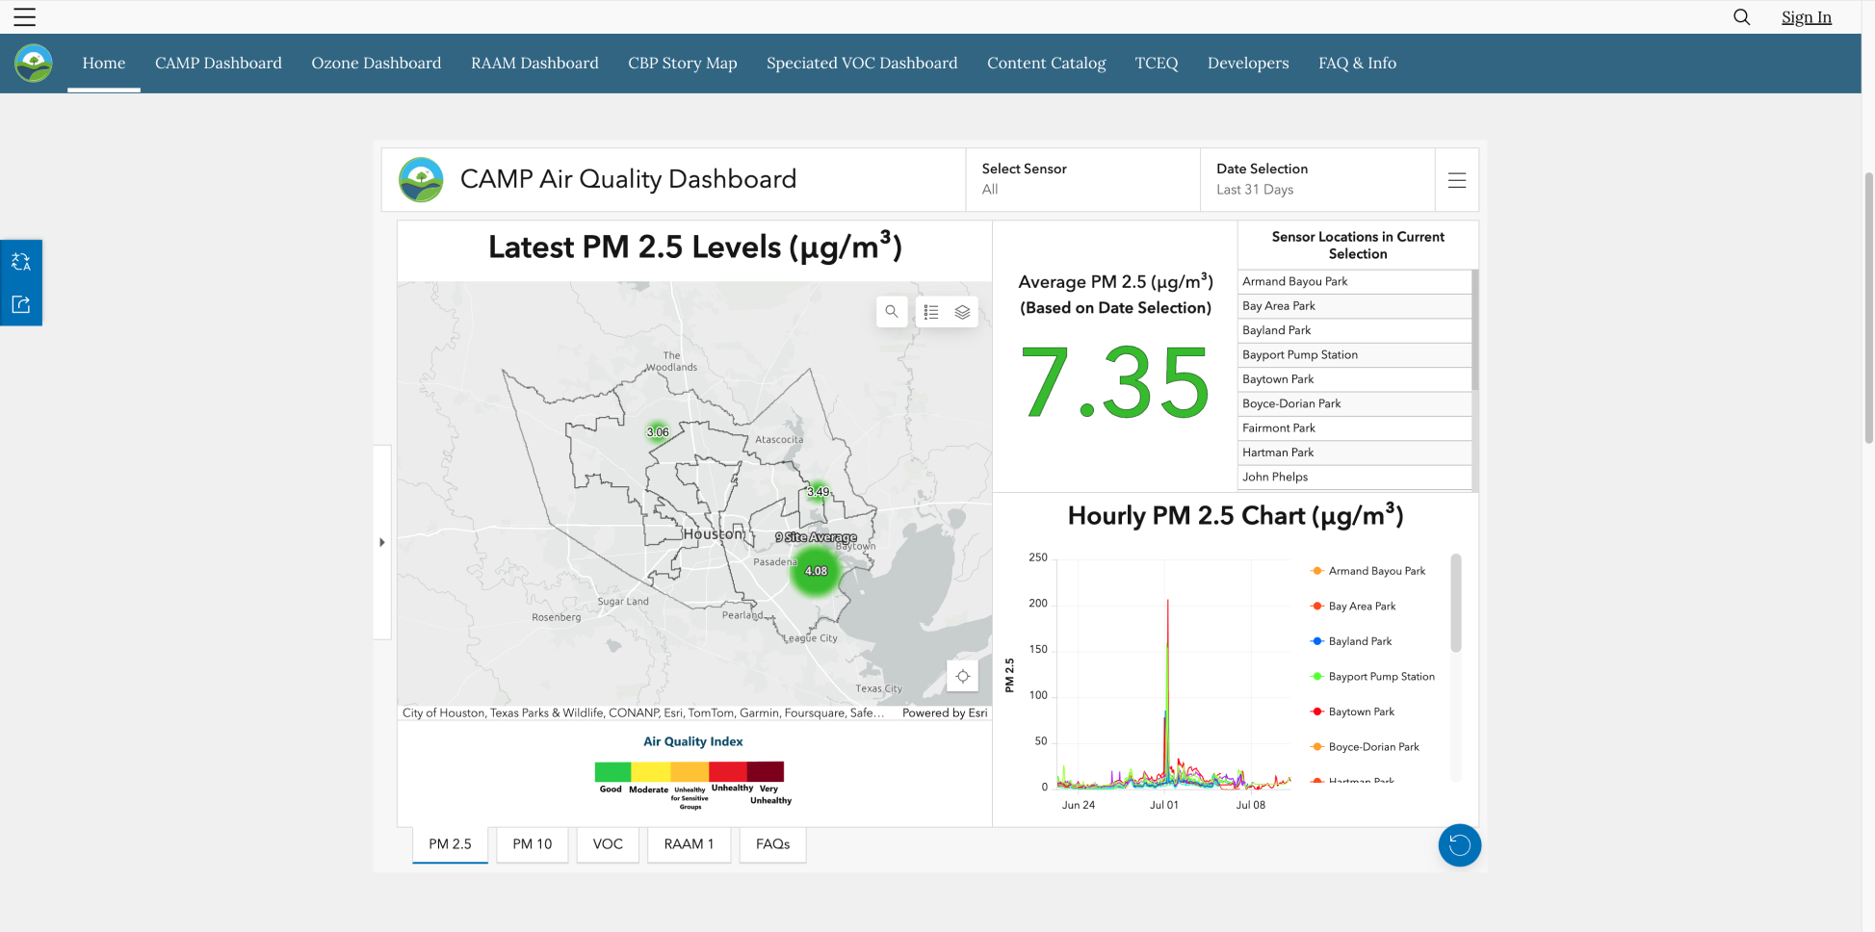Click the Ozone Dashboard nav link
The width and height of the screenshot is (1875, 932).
coord(376,64)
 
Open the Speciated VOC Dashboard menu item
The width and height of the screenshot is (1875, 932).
coord(861,64)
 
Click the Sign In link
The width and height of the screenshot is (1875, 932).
coord(1806,17)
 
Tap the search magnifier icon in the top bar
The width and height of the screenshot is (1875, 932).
coord(1741,17)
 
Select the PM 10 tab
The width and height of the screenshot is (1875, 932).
coord(532,844)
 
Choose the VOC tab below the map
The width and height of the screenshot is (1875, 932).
coord(608,844)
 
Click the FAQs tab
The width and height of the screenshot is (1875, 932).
coord(772,844)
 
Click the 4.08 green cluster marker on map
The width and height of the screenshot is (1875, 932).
coord(816,571)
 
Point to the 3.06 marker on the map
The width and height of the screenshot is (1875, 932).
coord(658,432)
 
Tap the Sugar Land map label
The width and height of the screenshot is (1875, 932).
coord(623,602)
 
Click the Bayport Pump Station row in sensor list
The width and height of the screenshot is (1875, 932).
coord(1300,355)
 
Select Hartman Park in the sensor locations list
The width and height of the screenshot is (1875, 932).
coord(1278,453)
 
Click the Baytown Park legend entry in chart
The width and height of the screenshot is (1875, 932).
coord(1361,712)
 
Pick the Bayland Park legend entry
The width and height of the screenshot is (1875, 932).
coord(1360,642)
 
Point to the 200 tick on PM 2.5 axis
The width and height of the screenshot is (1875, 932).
coord(1037,604)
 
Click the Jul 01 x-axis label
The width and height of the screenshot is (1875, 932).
coord(1163,805)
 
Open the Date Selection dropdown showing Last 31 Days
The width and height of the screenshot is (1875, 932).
coord(1316,179)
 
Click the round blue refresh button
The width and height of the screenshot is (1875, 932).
coord(1459,845)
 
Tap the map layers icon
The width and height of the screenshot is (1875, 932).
coord(962,312)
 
